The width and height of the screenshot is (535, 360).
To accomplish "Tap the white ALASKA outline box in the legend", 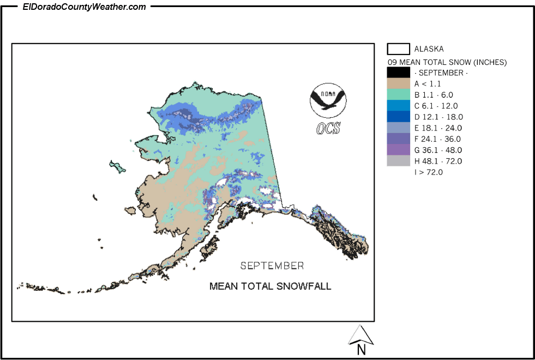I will [x=398, y=49].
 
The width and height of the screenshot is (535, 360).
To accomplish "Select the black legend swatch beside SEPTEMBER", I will [x=398, y=73].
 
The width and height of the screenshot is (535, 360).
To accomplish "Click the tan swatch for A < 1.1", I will [x=398, y=83].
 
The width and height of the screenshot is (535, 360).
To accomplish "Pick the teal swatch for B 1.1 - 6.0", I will [x=398, y=94].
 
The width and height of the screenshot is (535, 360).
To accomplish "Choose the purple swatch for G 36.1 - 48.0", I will [x=398, y=149].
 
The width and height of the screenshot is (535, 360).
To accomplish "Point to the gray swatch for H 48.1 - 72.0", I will [x=398, y=161].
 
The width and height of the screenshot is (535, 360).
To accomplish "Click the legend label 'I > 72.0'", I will [x=428, y=172].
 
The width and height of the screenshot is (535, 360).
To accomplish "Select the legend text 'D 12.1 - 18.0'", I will [x=438, y=117].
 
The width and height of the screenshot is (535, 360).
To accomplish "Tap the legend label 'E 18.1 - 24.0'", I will [x=438, y=128].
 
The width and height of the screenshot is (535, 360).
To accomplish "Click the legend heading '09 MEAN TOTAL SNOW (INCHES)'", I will [x=447, y=62].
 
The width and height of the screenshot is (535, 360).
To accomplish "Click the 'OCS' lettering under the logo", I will [x=328, y=128].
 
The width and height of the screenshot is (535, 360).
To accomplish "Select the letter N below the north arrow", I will [x=361, y=350].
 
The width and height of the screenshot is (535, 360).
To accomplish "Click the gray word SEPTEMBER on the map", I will [x=272, y=266].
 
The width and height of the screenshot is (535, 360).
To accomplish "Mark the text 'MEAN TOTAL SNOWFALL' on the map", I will [x=270, y=286].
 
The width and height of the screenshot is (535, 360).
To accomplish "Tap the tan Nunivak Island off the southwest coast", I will [x=130, y=211].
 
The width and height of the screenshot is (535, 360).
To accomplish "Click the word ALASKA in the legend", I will [x=429, y=49].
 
